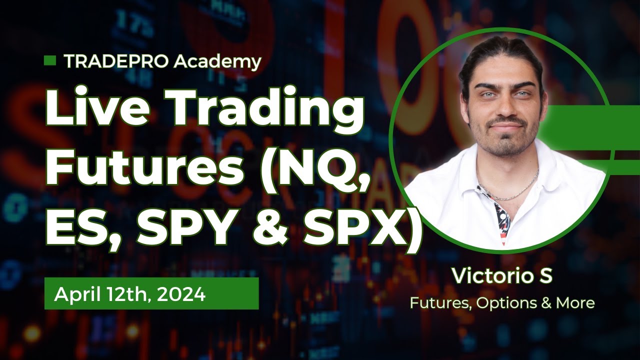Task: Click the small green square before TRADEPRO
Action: point(49,61)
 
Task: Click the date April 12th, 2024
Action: point(130,294)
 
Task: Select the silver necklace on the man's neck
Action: point(510,190)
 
